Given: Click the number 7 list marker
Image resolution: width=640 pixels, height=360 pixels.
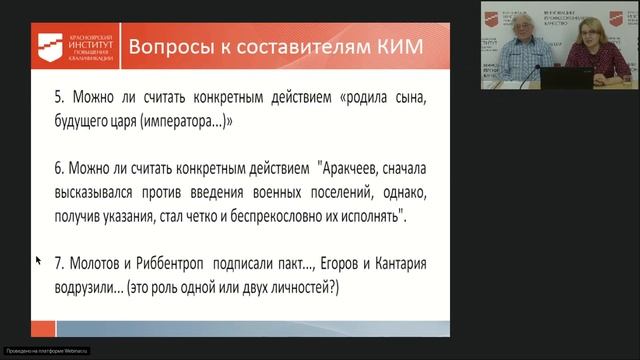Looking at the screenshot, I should pyautogui.click(x=59, y=264).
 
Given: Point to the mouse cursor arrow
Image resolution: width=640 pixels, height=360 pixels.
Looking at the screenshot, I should pyautogui.click(x=38, y=260).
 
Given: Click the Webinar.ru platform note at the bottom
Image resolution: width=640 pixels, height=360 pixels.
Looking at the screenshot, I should pyautogui.click(x=47, y=350).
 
